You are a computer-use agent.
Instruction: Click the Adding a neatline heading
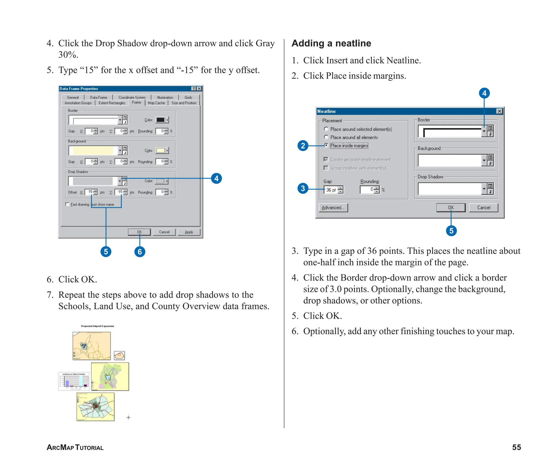click(x=331, y=43)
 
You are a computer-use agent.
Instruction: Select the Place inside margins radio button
click(x=326, y=145)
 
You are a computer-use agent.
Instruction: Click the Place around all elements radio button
click(x=326, y=137)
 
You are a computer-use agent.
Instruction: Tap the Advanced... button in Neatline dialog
click(x=333, y=208)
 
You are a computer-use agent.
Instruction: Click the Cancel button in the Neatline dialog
click(x=483, y=208)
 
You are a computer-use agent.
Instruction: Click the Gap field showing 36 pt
click(x=331, y=190)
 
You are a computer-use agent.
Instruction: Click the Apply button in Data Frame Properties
click(x=189, y=232)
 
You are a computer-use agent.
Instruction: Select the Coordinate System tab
click(x=132, y=97)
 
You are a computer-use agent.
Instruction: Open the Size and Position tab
click(x=184, y=103)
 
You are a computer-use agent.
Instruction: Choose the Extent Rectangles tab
click(x=112, y=103)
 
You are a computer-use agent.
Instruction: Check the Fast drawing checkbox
click(x=67, y=204)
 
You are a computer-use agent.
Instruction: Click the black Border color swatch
click(x=161, y=120)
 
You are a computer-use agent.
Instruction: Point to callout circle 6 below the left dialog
click(x=140, y=252)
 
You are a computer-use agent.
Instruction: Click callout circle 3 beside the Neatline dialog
click(x=303, y=188)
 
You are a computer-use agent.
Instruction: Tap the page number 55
click(x=516, y=447)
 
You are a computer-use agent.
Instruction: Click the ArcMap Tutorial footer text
click(x=75, y=448)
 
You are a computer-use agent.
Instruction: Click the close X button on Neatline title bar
click(x=499, y=111)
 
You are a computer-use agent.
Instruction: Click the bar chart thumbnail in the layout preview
click(x=74, y=381)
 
